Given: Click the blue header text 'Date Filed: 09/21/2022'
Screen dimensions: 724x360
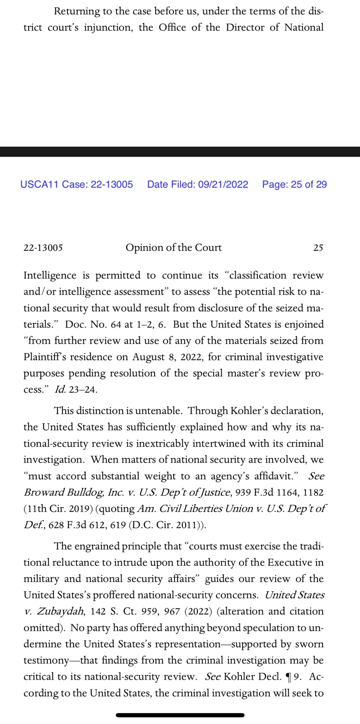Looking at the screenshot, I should [197, 185].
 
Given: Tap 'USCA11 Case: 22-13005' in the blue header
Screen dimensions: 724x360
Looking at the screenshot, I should [77, 185].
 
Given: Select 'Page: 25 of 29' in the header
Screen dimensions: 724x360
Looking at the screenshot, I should [294, 185].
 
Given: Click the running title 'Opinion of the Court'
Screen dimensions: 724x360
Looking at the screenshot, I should [174, 247].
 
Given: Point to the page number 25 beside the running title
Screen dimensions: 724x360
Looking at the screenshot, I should [318, 248].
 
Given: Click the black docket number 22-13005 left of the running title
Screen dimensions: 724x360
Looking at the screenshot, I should [43, 248].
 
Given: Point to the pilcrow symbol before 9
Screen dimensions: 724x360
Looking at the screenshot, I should [289, 677].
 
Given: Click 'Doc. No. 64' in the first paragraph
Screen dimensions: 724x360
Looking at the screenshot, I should [93, 325].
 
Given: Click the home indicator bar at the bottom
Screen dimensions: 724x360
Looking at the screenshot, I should [180, 715].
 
